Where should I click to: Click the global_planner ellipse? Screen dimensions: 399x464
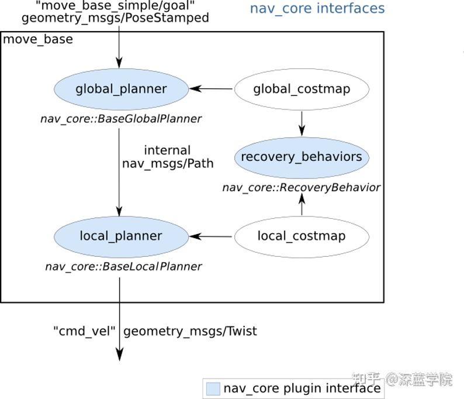point(121,90)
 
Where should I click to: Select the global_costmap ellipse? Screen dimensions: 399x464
point(302,90)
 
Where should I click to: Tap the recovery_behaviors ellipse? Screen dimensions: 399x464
point(302,157)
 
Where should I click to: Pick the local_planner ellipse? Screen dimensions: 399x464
point(121,236)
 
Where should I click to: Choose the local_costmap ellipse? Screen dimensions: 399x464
point(302,236)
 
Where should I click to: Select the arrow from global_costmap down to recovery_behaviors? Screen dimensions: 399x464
point(302,123)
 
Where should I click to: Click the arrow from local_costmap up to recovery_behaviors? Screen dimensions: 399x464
point(302,205)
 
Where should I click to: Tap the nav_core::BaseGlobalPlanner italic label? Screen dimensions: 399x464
point(121,119)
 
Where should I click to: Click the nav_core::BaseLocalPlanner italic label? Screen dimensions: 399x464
point(123,267)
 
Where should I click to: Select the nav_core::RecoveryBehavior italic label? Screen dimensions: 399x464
point(301,188)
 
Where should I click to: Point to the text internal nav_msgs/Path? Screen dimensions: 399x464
point(168,157)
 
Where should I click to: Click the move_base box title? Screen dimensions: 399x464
point(39,40)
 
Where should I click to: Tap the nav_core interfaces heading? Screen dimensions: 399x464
point(317,9)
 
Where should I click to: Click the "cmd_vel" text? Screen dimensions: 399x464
point(85,331)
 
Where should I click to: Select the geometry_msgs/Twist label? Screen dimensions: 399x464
point(191,331)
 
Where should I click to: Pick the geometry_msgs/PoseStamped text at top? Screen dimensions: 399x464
point(115,18)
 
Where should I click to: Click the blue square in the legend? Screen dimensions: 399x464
point(213,388)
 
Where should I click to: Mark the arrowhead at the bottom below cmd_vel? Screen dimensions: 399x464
point(120,354)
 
